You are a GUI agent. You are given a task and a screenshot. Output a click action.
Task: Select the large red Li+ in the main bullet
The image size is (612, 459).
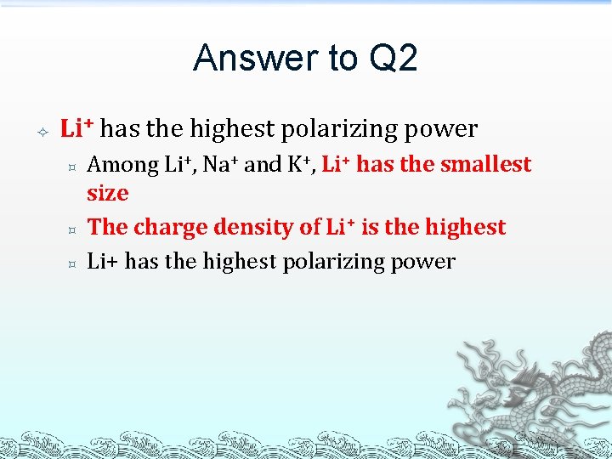point(77,128)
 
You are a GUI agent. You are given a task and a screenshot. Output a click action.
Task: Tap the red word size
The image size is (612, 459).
point(108,193)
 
